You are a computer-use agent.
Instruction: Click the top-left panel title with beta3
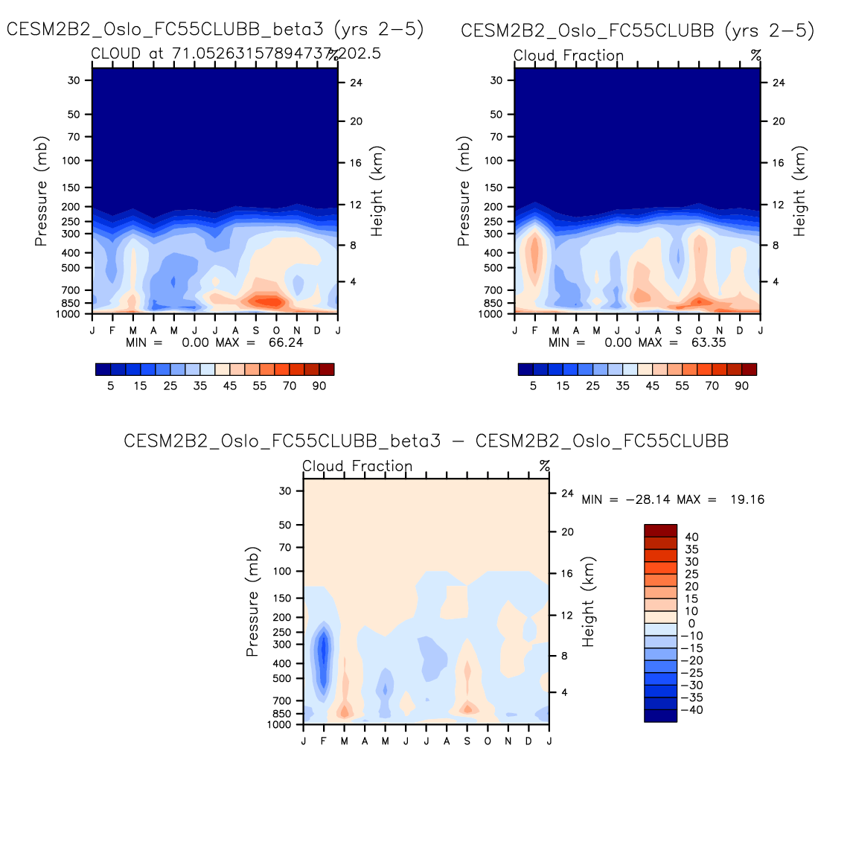tap(215, 30)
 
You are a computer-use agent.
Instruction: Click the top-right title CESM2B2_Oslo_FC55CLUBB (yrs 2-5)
tap(637, 31)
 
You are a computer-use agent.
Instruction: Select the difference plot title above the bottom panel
tap(426, 441)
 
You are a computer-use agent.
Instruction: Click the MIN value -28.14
tap(648, 499)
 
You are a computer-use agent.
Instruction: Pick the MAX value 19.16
tap(747, 499)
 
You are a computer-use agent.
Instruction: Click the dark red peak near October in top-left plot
tap(269, 301)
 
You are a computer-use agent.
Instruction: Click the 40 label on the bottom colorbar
tap(691, 537)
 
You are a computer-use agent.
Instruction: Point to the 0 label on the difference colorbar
tap(691, 624)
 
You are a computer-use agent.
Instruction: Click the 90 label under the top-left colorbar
tap(319, 386)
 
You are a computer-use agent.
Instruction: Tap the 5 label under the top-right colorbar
tap(533, 386)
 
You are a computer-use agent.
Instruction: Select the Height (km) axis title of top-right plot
tap(799, 191)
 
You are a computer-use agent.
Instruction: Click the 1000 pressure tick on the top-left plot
tap(68, 314)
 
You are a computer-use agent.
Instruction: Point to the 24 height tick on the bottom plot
tap(567, 493)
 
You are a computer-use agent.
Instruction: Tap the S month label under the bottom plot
tap(467, 741)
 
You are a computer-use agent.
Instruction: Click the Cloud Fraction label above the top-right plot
tap(569, 56)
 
